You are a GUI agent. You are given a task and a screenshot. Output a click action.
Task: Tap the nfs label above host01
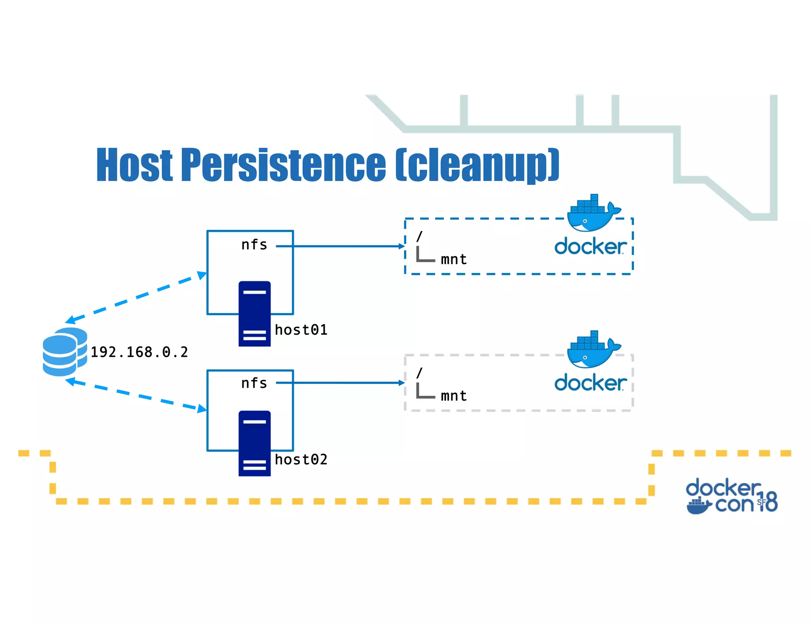tap(254, 245)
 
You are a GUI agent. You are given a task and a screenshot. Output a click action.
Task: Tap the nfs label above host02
tap(254, 383)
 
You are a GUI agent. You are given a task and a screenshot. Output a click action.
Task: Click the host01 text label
tap(301, 330)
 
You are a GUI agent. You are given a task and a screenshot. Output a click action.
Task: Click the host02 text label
tap(301, 459)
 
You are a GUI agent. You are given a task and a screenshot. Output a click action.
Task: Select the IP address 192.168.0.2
tap(139, 352)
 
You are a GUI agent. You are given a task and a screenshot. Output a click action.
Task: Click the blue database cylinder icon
tap(64, 352)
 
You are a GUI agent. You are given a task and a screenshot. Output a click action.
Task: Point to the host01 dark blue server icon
tap(254, 314)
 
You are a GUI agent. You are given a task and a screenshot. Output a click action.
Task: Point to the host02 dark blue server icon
tap(254, 443)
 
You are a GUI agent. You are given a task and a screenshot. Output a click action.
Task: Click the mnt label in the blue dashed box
tap(454, 260)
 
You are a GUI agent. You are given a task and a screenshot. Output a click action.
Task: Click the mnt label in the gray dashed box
tap(454, 396)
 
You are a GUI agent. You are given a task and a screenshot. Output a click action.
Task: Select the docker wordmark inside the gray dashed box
tap(590, 383)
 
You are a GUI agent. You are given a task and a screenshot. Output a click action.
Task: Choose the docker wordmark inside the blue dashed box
tap(590, 247)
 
